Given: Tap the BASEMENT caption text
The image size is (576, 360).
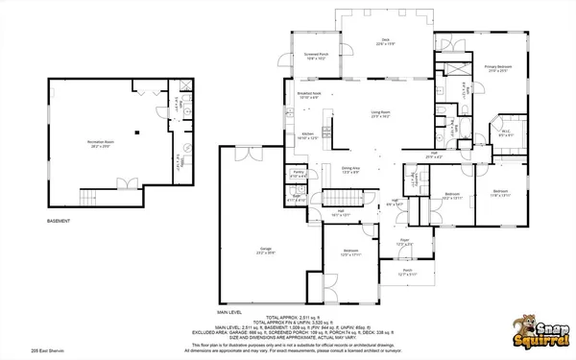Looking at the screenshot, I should tap(60, 222).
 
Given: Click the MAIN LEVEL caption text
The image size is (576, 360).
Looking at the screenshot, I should tap(229, 312).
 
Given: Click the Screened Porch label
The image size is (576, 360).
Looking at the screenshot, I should tap(317, 56).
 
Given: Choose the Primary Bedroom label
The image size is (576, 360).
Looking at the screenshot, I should tap(497, 68).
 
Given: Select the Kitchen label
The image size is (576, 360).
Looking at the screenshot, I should tap(308, 135).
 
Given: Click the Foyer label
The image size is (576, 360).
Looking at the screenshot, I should tap(405, 242).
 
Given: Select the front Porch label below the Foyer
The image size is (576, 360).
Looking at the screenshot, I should tap(407, 272).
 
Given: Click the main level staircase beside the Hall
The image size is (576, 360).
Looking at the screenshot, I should tap(356, 198).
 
